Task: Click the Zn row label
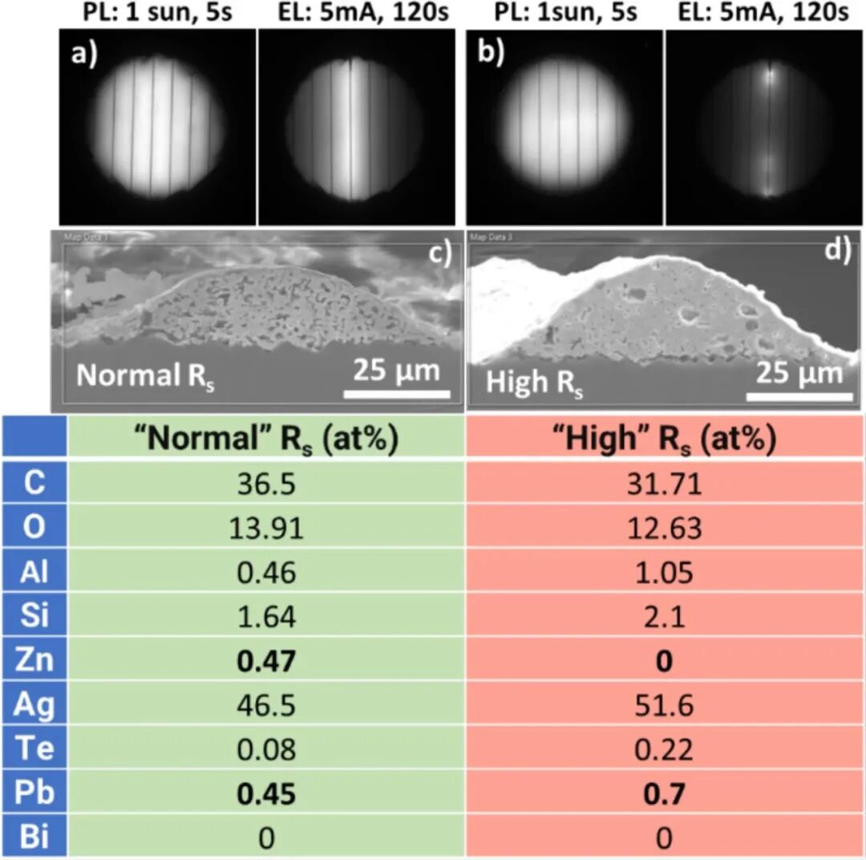[34, 662]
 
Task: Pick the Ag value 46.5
[267, 706]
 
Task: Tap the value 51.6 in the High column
[666, 706]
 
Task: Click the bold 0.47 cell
[267, 662]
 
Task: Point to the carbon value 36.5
[267, 484]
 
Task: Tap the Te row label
[34, 750]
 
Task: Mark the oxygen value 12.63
[666, 528]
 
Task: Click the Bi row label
[34, 838]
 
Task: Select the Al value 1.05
[666, 572]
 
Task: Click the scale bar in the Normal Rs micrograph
[397, 394]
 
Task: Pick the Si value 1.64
[267, 617]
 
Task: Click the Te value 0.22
[666, 750]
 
